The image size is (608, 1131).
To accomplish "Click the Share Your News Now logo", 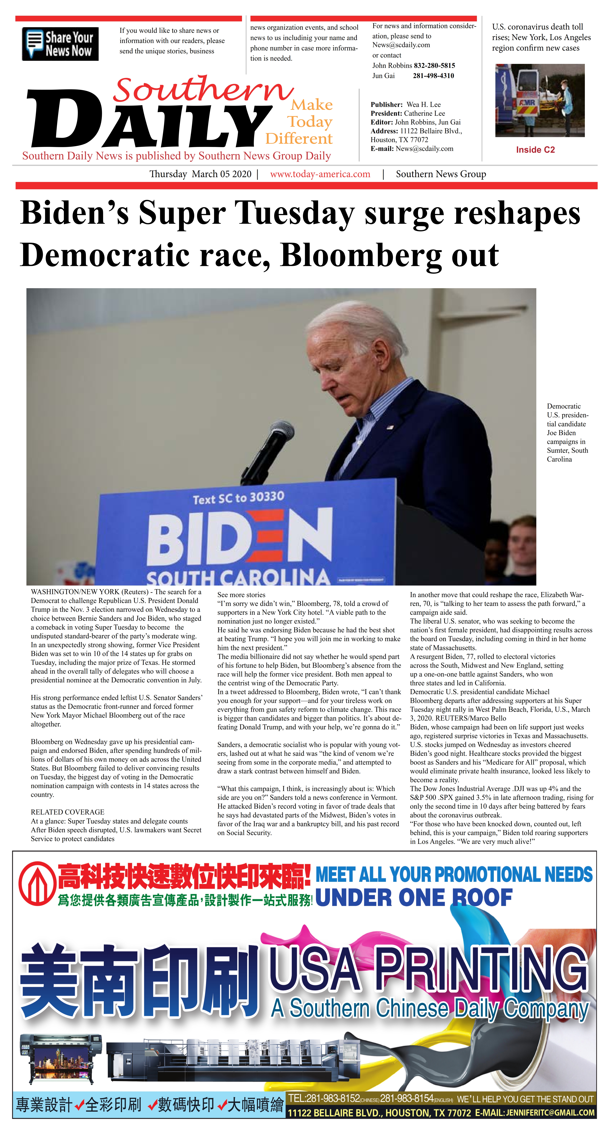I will pos(60,44).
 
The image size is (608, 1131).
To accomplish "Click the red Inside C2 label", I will pos(535,150).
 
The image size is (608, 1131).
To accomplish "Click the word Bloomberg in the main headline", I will pos(362,255).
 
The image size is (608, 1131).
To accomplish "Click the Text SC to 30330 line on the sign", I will pos(239,498).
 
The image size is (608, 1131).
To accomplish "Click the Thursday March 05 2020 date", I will pos(200,174).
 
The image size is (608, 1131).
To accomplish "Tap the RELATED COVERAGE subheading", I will pos(67,812).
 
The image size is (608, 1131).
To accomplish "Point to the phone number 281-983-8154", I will pos(406,1099).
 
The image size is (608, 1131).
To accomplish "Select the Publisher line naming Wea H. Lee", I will pos(405,104).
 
